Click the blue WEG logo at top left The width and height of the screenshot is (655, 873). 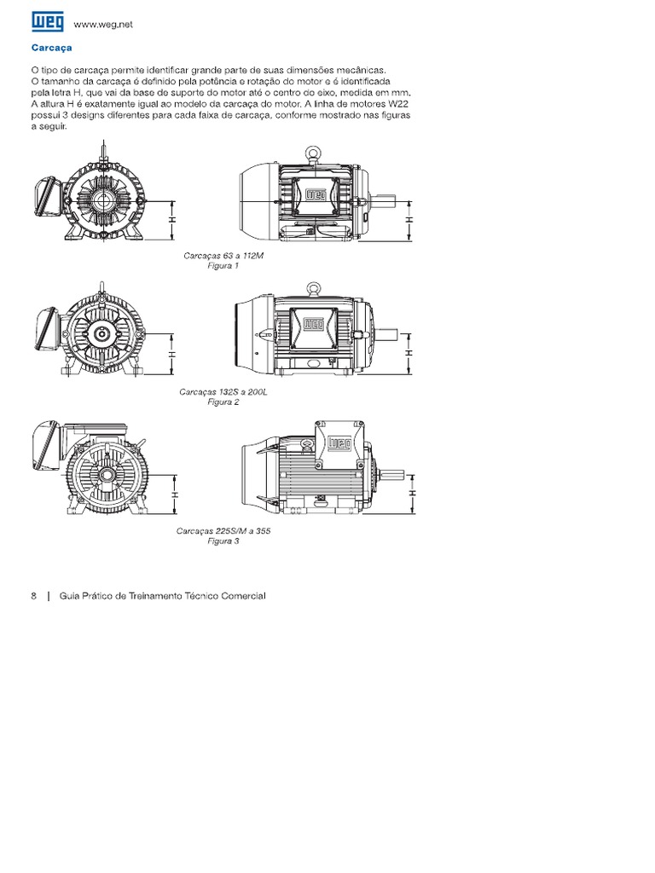click(48, 22)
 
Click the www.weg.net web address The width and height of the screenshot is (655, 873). click(103, 25)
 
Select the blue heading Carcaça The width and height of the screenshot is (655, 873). click(52, 48)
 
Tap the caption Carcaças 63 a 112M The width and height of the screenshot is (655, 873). click(223, 256)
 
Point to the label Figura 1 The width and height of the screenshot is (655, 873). click(223, 266)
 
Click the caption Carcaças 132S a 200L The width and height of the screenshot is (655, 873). click(223, 392)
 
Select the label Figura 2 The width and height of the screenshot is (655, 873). click(223, 402)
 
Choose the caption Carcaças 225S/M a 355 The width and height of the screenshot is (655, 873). click(223, 530)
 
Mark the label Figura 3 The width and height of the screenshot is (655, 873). click(223, 541)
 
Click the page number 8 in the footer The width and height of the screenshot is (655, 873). click(34, 596)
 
